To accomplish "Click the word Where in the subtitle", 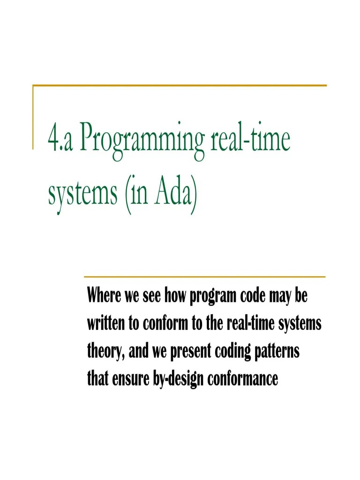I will coord(104,297).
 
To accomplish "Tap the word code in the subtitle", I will coord(252,297).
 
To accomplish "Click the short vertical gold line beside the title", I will coord(33,117).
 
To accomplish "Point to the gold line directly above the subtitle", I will coord(204,277).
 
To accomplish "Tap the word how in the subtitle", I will coord(174,297).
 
